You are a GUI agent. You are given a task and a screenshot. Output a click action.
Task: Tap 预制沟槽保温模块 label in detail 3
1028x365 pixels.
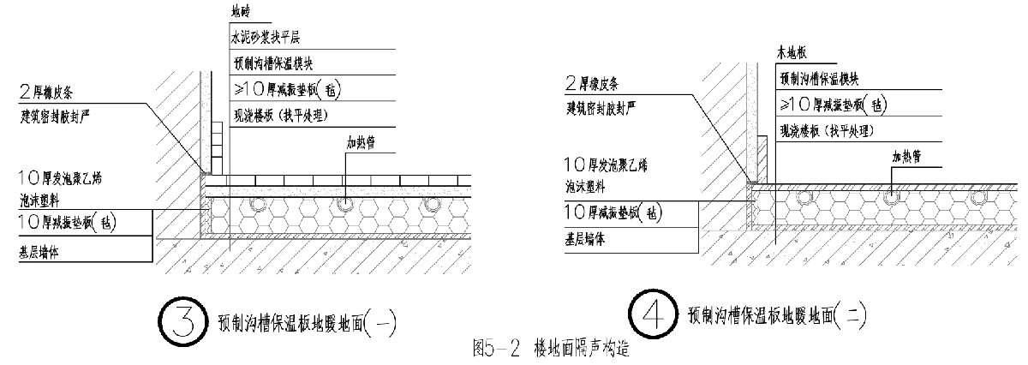coord(279,63)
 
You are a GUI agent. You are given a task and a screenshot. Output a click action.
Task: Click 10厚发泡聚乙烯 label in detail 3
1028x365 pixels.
coord(66,179)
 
